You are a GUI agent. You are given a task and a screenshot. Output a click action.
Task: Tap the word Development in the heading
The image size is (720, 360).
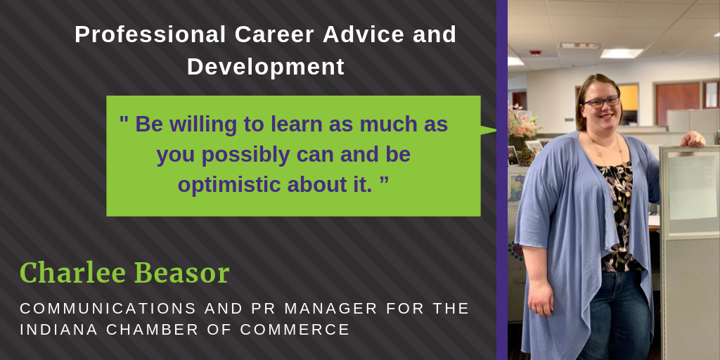[265, 67]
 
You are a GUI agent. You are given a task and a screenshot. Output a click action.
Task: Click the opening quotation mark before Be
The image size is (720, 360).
[124, 121]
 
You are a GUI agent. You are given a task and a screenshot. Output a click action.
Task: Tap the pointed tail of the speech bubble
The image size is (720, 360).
[490, 129]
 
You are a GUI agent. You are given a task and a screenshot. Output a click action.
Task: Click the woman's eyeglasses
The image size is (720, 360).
[601, 102]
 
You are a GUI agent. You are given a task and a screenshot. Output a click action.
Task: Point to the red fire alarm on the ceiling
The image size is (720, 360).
[536, 53]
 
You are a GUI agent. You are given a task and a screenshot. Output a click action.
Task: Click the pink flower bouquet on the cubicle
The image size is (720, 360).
[524, 124]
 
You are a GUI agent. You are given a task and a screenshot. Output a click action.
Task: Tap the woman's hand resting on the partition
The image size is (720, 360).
[694, 139]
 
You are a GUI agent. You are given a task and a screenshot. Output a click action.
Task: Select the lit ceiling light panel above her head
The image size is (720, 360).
[622, 53]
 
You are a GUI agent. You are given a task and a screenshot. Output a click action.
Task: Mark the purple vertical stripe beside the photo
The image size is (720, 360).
[502, 180]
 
